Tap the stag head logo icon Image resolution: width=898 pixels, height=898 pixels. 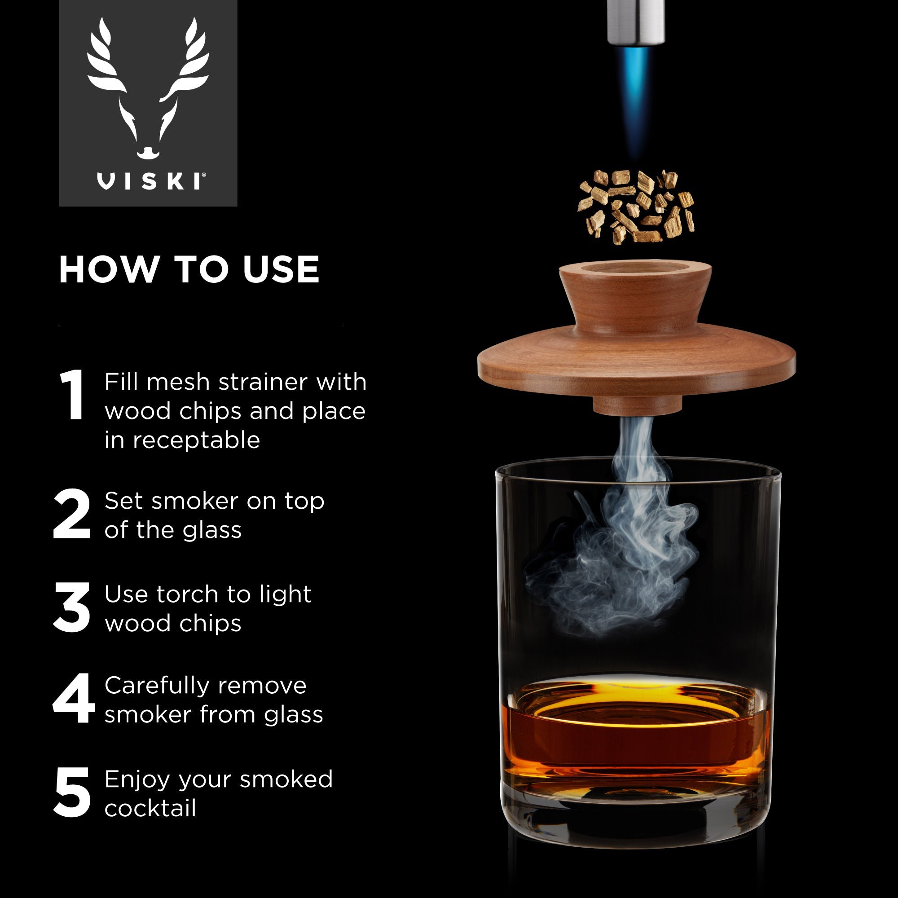148,88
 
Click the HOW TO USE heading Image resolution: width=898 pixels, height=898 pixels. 189,269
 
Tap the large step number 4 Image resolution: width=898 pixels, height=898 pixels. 74,698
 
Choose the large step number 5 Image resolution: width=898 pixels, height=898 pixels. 72,792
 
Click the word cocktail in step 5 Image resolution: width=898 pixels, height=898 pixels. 150,808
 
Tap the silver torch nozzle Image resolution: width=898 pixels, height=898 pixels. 635,21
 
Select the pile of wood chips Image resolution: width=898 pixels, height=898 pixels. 635,207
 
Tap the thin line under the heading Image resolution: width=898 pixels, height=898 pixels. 201,324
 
